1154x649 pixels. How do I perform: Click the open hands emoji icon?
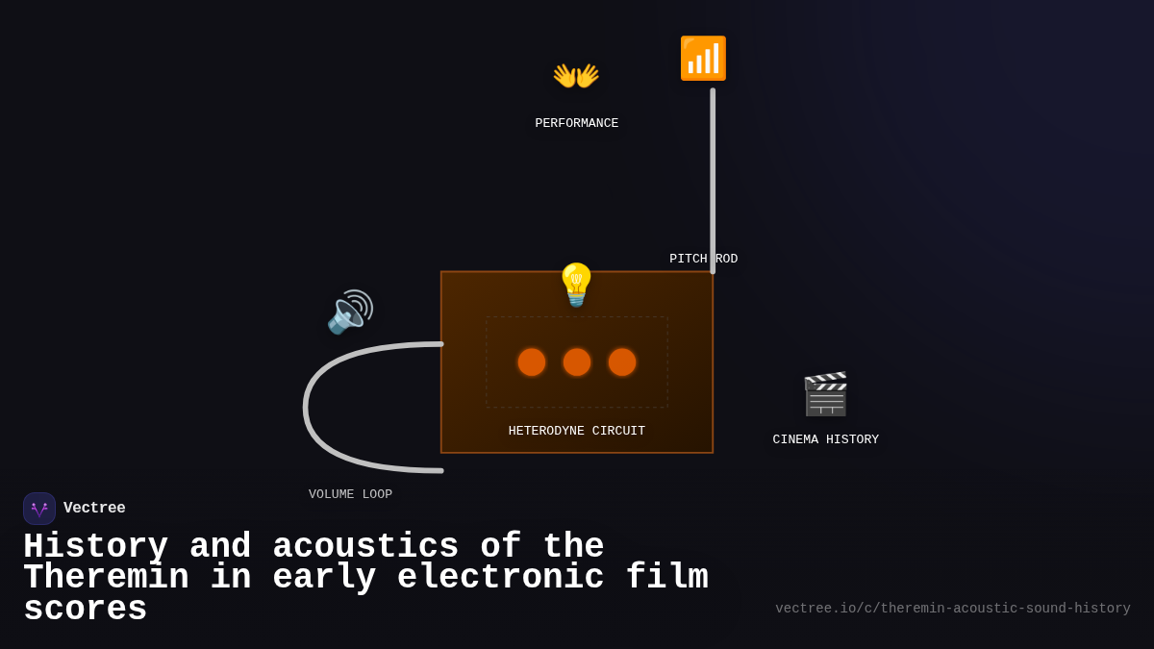(576, 75)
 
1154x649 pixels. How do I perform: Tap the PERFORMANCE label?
(576, 123)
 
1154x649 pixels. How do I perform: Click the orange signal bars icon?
(703, 59)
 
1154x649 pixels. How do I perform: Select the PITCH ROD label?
(703, 259)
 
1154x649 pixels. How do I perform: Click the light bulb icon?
(576, 286)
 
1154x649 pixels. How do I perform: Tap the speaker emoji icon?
(350, 312)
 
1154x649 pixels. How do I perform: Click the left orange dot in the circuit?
(532, 362)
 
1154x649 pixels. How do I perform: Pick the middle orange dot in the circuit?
(577, 362)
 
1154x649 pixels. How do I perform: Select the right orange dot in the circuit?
(622, 362)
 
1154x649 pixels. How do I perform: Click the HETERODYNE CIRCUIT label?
(577, 431)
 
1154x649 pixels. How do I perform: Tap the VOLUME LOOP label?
(350, 494)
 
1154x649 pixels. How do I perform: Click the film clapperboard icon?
(825, 394)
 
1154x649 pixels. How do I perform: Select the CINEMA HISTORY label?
(825, 439)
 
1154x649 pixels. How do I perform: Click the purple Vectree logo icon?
(39, 509)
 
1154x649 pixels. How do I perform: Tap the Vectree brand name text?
(94, 508)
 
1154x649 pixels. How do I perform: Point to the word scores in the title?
(85, 610)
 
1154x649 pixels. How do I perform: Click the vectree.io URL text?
(952, 609)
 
